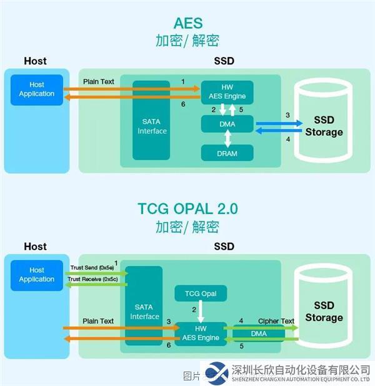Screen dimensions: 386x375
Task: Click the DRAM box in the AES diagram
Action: pyautogui.click(x=227, y=153)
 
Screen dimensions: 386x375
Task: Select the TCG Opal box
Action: pyautogui.click(x=201, y=293)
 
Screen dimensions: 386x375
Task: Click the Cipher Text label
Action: pyautogui.click(x=276, y=321)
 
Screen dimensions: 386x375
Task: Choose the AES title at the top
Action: pyautogui.click(x=187, y=23)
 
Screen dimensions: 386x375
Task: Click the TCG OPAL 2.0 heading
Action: pyautogui.click(x=187, y=208)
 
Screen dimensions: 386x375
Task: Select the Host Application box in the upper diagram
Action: pyautogui.click(x=37, y=89)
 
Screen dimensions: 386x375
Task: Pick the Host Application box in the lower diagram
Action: pyautogui.click(x=37, y=275)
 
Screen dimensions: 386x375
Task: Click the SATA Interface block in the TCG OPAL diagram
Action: pyautogui.click(x=144, y=312)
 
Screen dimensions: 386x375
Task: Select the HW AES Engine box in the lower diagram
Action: pyautogui.click(x=201, y=333)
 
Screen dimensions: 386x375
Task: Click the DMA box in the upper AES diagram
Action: pyautogui.click(x=227, y=124)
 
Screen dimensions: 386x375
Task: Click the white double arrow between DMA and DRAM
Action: pyautogui.click(x=227, y=138)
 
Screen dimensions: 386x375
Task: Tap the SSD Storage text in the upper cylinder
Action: pyautogui.click(x=324, y=126)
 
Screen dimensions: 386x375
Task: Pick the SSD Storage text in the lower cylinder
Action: pyautogui.click(x=324, y=312)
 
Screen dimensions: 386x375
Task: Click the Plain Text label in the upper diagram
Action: pyautogui.click(x=99, y=82)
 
